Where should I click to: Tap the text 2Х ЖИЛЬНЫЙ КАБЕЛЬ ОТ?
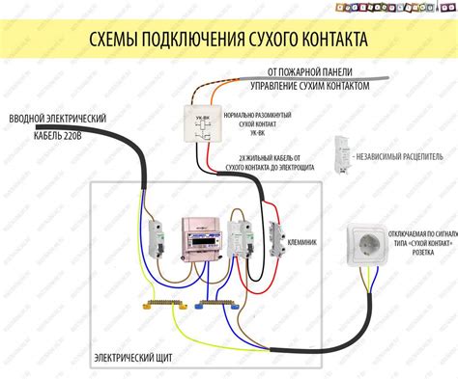click(x=273, y=157)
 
